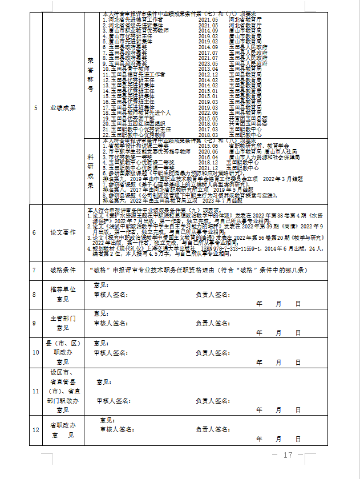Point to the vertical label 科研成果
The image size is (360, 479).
90,170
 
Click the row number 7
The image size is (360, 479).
36,269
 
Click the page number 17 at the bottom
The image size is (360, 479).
287,455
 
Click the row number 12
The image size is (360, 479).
36,430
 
